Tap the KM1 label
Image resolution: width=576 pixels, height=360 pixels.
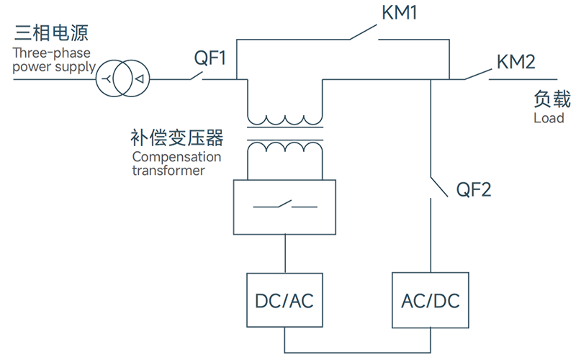point(400,12)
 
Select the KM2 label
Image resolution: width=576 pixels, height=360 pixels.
point(516,62)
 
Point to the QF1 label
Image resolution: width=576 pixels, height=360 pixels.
point(210,58)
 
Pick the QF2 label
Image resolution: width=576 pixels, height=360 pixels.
point(474,190)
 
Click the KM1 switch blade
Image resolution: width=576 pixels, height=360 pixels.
point(363,32)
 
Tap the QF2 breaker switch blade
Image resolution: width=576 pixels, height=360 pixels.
point(439,187)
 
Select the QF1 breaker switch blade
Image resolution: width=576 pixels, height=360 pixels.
point(197,76)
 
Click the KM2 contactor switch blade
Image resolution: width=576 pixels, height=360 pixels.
point(477,74)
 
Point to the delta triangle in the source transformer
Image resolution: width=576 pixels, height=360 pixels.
point(140,78)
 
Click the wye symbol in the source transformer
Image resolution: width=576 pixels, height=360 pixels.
point(107,78)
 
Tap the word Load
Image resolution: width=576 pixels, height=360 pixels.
point(549,118)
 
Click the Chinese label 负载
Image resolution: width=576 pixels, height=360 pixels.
point(552,99)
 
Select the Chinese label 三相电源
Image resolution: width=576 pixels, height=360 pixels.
point(51,33)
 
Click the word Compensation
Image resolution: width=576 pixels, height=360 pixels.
point(176,157)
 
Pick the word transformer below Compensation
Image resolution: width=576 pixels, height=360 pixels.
point(168,171)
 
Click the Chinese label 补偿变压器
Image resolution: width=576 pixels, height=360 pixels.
point(176,138)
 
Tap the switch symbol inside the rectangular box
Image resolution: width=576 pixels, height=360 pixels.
point(285,204)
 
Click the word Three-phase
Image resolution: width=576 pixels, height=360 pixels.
point(51,53)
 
